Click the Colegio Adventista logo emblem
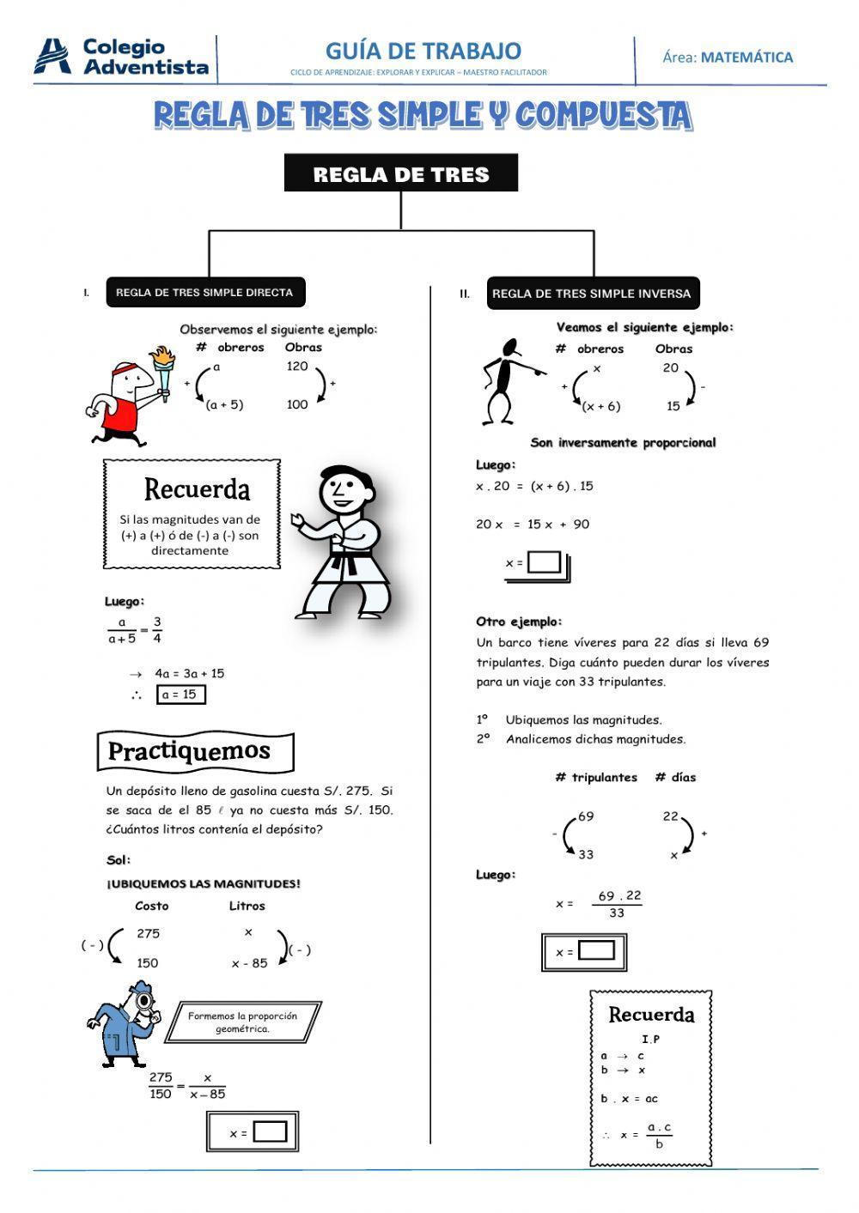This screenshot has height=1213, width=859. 52,57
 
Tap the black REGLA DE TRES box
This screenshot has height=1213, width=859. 401,173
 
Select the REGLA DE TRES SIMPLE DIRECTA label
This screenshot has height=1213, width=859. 204,293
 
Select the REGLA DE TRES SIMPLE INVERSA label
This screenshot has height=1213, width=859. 592,294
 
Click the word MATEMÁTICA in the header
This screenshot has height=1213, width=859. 746,58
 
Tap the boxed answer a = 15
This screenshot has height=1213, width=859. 180,694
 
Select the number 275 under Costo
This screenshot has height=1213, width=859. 148,933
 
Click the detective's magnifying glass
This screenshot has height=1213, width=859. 144,1001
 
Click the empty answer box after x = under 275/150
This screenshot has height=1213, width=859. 270,1131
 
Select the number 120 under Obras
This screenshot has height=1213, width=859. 296,367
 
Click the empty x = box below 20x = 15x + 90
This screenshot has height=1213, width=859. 544,563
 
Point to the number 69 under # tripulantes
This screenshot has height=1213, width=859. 586,816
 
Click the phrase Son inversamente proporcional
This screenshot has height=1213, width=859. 623,443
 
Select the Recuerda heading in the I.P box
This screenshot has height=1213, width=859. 651,1015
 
